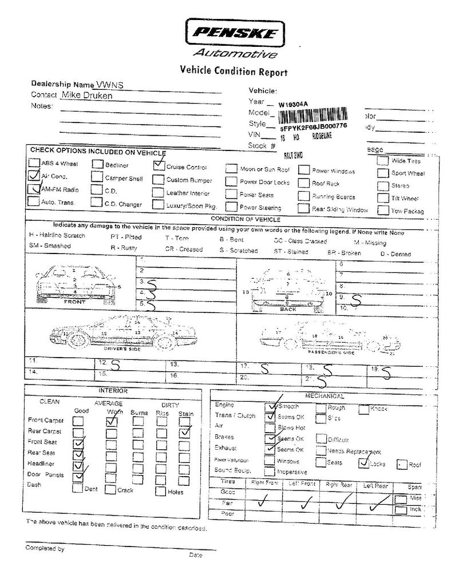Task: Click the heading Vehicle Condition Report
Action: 234,72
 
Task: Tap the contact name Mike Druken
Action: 87,96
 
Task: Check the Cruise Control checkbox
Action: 159,167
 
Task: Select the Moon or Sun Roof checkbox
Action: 231,169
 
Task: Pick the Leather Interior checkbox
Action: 158,193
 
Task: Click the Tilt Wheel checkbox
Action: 383,198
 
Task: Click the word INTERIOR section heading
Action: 113,390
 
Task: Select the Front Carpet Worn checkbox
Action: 112,421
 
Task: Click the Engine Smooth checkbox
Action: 271,406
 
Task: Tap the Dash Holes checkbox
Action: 161,490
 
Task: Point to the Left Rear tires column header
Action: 375,485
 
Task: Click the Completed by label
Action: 45,548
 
